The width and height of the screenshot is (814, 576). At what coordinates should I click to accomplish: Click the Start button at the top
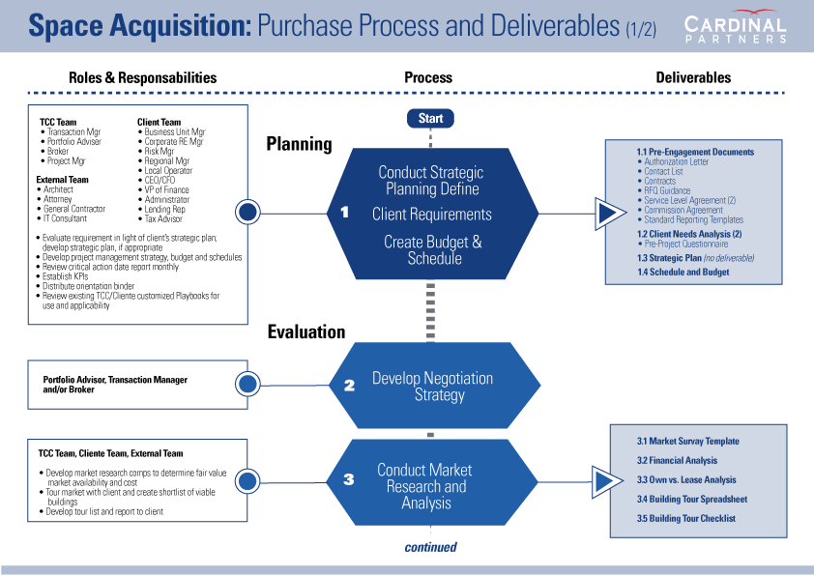[x=430, y=118]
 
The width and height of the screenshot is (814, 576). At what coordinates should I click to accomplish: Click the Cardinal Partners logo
[x=737, y=28]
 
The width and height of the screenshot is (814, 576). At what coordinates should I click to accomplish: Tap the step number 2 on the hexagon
[x=349, y=385]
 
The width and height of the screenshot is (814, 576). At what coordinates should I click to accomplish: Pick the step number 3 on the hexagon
[x=348, y=478]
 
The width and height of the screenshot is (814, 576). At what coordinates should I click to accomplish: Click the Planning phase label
[x=299, y=144]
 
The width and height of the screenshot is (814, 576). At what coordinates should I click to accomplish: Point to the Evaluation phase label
[x=306, y=331]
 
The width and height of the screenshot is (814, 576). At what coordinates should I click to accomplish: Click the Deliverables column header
[x=693, y=77]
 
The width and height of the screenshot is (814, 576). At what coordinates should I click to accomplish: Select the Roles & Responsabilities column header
[x=142, y=77]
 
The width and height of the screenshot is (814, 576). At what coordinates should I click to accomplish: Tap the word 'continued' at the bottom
[x=430, y=547]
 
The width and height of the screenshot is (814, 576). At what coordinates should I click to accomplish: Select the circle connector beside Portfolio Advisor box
[x=247, y=384]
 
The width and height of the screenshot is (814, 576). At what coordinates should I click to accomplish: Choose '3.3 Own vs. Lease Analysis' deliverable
[x=685, y=480]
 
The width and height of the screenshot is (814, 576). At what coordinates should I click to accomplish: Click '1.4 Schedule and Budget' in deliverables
[x=683, y=273]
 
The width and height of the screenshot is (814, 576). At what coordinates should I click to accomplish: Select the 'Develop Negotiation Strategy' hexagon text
[x=432, y=387]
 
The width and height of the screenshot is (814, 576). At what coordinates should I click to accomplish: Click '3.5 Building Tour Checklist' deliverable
[x=685, y=519]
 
